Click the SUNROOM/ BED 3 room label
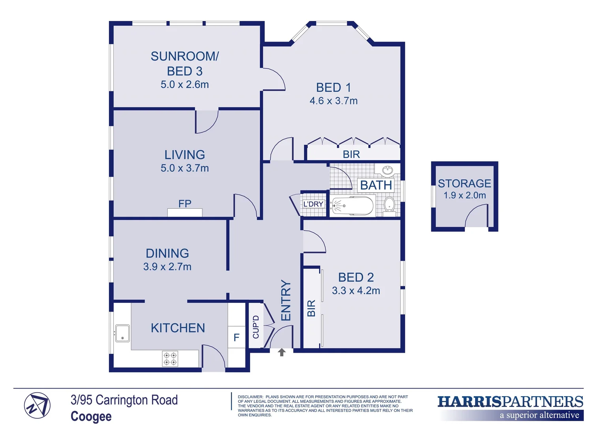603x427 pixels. [185, 64]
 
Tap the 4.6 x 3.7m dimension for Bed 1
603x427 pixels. [333, 101]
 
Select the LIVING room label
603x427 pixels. [185, 155]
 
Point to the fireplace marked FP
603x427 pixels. [185, 212]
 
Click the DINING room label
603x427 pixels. [167, 253]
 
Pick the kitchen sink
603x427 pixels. [122, 333]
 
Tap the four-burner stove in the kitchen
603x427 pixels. [170, 359]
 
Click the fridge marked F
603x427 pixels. [236, 337]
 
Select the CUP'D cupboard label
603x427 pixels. [256, 327]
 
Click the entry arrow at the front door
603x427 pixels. [281, 352]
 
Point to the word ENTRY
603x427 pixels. [286, 300]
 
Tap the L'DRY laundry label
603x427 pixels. [313, 204]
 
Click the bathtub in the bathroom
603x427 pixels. [352, 206]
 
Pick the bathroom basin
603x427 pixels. [388, 170]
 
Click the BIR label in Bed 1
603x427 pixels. [351, 154]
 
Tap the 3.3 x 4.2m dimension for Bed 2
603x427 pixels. [356, 291]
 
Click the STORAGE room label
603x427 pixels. [464, 183]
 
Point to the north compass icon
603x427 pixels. [37, 406]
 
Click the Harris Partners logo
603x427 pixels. [510, 407]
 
